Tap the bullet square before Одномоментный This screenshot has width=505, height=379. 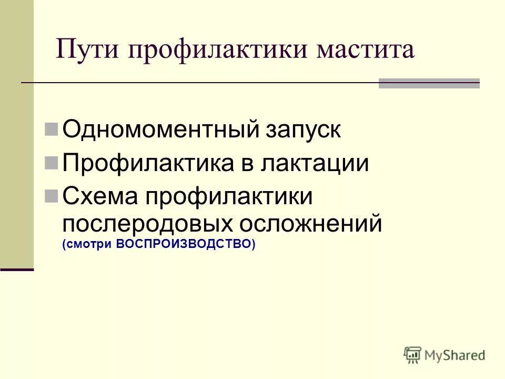click(52, 129)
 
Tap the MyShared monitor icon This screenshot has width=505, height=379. click(413, 355)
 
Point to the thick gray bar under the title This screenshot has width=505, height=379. click(429, 83)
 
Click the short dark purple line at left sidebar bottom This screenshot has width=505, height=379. click(17, 270)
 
